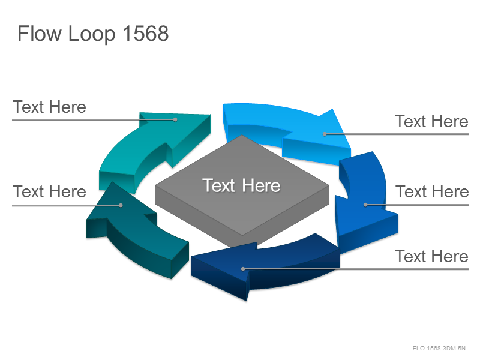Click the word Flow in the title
point(39,33)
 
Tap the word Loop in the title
point(92,34)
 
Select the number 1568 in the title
point(145,33)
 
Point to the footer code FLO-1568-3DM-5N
point(439,349)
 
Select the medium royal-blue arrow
point(364,202)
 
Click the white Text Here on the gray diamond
point(241,185)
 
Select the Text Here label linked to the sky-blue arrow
point(431,121)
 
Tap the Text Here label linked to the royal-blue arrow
point(432,191)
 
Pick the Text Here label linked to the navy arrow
point(431,256)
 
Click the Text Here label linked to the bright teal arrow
point(49,107)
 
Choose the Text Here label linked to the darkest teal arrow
point(49,191)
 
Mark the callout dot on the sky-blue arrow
point(325,134)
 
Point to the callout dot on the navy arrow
point(243,269)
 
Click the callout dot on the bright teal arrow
point(175,119)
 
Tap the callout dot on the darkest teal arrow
point(121,205)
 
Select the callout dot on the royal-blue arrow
point(365,205)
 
